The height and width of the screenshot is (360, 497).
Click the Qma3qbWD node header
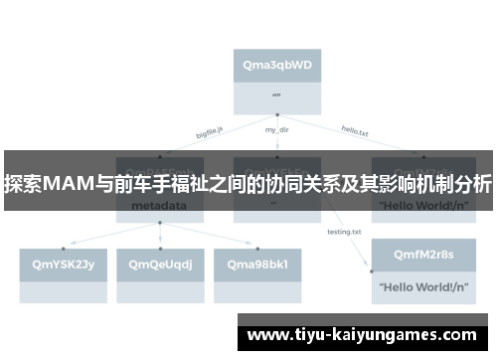pos(277,65)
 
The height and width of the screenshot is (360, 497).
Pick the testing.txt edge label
pos(344,232)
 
